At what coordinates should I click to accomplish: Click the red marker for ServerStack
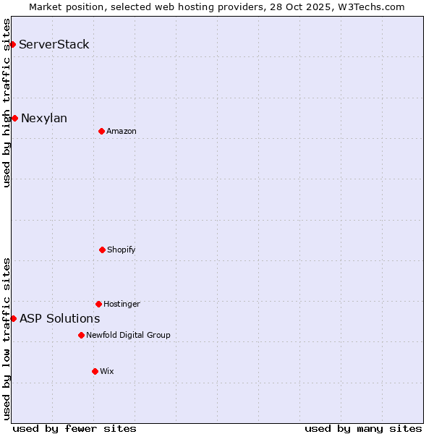point(12,45)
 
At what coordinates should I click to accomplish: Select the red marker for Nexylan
point(14,118)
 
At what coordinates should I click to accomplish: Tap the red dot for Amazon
point(101,131)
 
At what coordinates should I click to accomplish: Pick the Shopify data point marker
point(102,250)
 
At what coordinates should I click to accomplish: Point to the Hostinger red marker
point(98,304)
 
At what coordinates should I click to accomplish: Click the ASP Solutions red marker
point(13,318)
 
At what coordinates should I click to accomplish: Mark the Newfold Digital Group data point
point(81,335)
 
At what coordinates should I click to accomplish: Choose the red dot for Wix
point(95,371)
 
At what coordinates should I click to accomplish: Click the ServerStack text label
point(54,45)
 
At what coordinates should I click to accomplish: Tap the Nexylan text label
point(44,119)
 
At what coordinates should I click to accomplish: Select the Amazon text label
point(122,132)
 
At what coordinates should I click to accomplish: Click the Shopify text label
point(122,250)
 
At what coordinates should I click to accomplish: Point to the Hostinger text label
point(122,305)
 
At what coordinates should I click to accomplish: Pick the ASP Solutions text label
point(60,319)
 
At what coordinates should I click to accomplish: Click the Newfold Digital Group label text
point(128,336)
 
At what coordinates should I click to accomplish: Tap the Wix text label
point(107,372)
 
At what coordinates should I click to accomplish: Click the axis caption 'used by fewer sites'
point(75,429)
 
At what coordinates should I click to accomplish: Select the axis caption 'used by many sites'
point(363,429)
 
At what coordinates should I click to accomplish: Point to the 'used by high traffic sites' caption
point(7,103)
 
